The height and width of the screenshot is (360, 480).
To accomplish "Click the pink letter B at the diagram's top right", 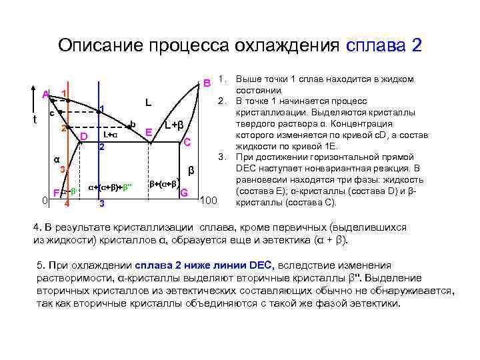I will point(207,83).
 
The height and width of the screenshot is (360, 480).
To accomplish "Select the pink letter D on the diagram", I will point(84,137).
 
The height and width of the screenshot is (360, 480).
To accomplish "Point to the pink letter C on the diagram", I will point(188,141).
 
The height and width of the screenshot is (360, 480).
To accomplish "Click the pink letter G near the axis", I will point(184,193).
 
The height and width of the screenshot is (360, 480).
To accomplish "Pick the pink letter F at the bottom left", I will point(57,194).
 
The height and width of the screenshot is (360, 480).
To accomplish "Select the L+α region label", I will point(110,135).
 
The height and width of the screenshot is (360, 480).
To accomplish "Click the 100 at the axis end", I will point(209,201).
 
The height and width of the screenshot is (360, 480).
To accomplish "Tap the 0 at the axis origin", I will point(43,199).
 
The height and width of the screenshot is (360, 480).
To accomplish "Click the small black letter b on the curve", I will point(133,124).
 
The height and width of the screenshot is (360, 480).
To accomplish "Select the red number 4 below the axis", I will point(66,203).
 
